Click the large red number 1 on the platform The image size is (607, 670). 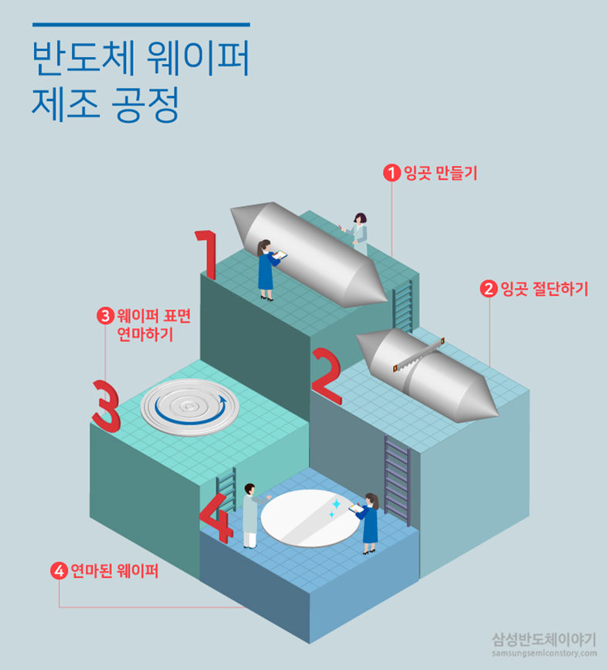point(206,254)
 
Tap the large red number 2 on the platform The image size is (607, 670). point(327,377)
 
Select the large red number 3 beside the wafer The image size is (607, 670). point(106,404)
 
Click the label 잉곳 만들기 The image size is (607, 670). point(440,173)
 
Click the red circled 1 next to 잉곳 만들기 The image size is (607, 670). point(393,173)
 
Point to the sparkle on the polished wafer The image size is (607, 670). point(334,508)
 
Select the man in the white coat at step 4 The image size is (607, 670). point(250,516)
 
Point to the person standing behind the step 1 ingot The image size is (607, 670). point(358,232)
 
